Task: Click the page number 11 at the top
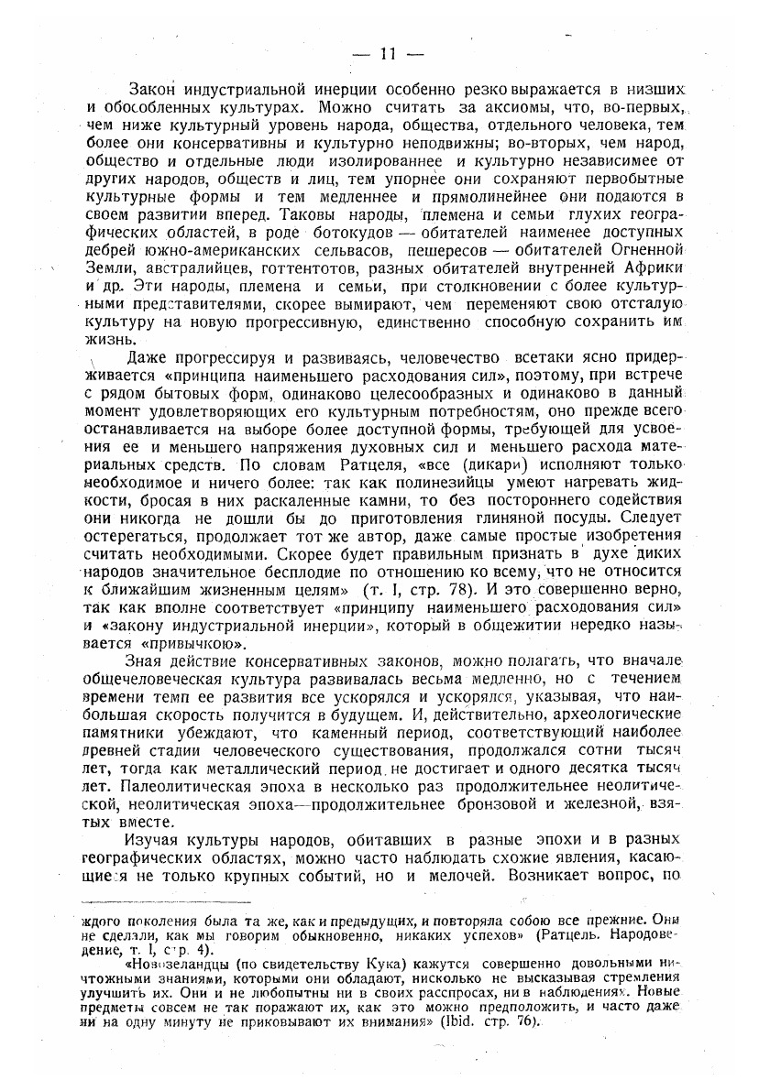point(386,55)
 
